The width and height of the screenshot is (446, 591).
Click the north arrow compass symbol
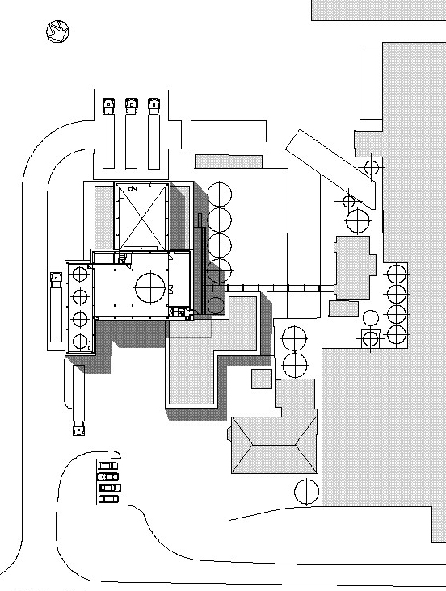click(x=57, y=31)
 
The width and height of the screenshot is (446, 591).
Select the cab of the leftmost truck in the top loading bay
click(x=108, y=107)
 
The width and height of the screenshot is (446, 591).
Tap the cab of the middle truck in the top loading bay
click(x=131, y=107)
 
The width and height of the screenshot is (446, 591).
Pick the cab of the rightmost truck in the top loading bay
click(x=154, y=107)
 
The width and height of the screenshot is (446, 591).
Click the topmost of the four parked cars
click(x=108, y=466)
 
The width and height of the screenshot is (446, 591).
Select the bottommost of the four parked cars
click(x=108, y=499)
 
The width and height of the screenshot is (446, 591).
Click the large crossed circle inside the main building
click(x=150, y=287)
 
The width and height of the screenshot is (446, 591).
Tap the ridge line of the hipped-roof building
click(x=274, y=445)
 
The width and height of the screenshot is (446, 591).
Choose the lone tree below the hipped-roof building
click(x=306, y=492)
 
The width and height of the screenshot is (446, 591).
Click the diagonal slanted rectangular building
click(x=330, y=170)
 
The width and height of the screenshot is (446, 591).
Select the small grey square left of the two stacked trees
click(x=262, y=379)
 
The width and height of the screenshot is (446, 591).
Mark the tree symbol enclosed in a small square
click(x=371, y=338)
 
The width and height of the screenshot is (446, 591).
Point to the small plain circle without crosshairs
click(x=371, y=318)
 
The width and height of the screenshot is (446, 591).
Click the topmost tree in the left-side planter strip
click(x=80, y=274)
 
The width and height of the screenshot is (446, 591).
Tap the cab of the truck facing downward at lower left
click(x=78, y=428)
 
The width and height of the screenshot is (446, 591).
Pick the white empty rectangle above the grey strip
click(x=229, y=135)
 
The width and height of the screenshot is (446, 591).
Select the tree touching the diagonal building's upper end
click(x=372, y=167)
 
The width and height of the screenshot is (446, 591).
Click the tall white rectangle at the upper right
click(x=372, y=84)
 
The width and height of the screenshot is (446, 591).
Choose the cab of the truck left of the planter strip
click(x=56, y=279)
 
